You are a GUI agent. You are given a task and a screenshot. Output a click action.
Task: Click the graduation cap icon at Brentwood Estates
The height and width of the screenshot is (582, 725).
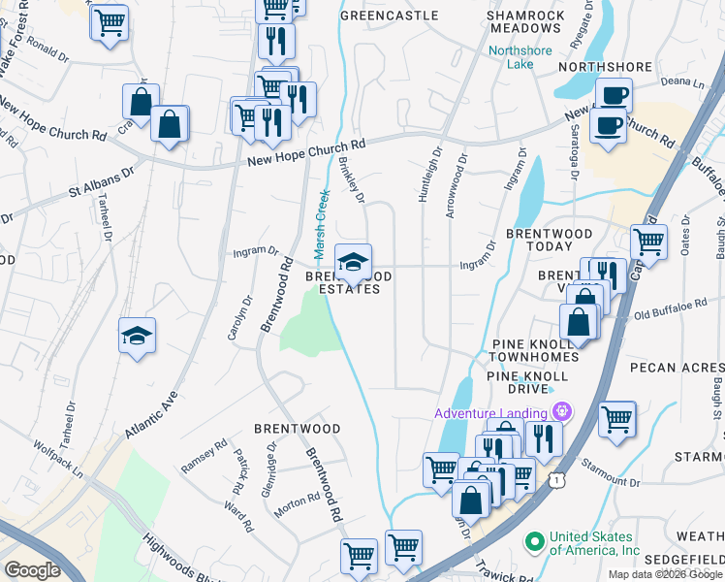pyautogui.click(x=353, y=261)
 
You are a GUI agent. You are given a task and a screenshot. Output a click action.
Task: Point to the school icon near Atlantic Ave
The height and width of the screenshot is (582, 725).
pyautogui.click(x=138, y=336)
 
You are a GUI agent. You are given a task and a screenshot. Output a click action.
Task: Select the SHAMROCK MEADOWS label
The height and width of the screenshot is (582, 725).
pyautogui.click(x=524, y=22)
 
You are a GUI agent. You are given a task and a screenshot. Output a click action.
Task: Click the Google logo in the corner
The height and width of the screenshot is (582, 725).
pyautogui.click(x=32, y=570)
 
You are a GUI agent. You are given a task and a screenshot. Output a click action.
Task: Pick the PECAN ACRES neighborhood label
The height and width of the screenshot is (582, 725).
pyautogui.click(x=677, y=369)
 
